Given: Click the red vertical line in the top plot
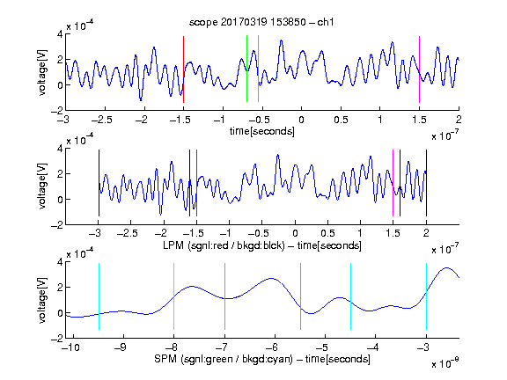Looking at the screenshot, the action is pyautogui.click(x=183, y=69).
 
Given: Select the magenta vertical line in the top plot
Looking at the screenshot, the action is pyautogui.click(x=419, y=69).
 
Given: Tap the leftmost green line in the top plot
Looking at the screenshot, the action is pyautogui.click(x=246, y=69).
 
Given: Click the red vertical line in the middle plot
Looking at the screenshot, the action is pyautogui.click(x=196, y=183).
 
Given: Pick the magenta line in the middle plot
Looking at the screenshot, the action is pyautogui.click(x=393, y=183).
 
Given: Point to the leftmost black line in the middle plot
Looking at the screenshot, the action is pyautogui.click(x=99, y=183).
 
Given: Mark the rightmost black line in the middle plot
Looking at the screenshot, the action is pyautogui.click(x=426, y=183).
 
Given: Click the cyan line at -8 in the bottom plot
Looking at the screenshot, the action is pyautogui.click(x=174, y=296).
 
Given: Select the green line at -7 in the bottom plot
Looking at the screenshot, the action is pyautogui.click(x=224, y=296).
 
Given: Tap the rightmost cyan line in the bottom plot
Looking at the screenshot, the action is pyautogui.click(x=426, y=296).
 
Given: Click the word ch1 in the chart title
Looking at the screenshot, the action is pyautogui.click(x=326, y=22).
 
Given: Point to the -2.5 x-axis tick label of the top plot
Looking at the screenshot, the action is pyautogui.click(x=101, y=120).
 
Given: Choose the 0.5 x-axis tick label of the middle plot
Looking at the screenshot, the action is pyautogui.click(x=327, y=233).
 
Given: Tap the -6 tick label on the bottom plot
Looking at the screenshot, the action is pyautogui.click(x=272, y=347).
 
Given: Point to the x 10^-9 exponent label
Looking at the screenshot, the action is pyautogui.click(x=445, y=363).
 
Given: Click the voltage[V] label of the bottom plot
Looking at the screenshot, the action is pyautogui.click(x=42, y=300).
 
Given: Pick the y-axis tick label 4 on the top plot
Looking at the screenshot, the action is pyautogui.click(x=60, y=34).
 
